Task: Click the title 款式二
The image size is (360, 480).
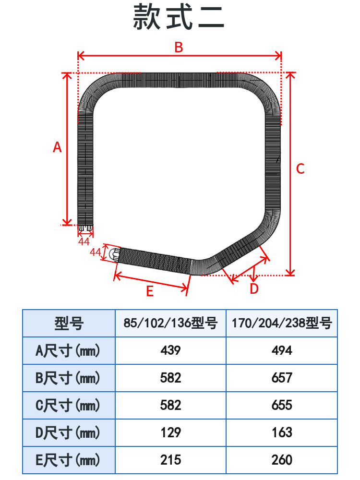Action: coord(179,18)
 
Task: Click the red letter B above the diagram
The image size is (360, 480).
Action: coord(179,47)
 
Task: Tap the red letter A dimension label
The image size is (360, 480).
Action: coord(57,147)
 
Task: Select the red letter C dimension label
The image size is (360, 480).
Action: coord(300,169)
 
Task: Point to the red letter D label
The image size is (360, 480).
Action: coord(254,289)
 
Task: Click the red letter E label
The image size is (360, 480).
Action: coord(150,291)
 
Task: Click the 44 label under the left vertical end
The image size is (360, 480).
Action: coord(84,241)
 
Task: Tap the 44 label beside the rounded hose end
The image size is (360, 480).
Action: coord(96,252)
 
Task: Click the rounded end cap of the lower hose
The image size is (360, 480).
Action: coord(114,254)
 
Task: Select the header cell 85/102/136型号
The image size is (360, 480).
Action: coord(170,323)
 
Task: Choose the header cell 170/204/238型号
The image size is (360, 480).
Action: coord(282,323)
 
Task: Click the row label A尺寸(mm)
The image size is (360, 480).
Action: coord(68,351)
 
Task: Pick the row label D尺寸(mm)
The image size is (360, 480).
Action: coord(68,433)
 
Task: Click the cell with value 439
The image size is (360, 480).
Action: coord(170,351)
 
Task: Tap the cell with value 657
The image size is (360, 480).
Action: coord(282,378)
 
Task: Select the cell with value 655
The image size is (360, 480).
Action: coord(282,406)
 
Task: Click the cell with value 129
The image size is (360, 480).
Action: coord(170,433)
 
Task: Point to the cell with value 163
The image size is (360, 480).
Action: coord(282,433)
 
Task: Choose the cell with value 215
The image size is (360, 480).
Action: coord(170,460)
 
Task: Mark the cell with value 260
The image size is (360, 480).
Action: coord(282,460)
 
